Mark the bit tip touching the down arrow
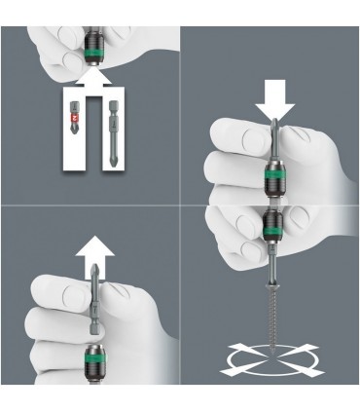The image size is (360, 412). point(270,126)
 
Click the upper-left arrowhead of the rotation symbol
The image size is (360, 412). point(230,346)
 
